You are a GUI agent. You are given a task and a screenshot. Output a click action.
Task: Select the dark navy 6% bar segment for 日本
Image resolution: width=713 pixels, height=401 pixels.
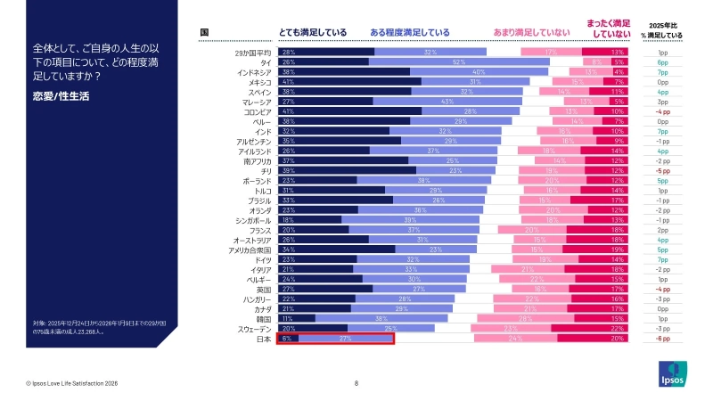coord(287,339)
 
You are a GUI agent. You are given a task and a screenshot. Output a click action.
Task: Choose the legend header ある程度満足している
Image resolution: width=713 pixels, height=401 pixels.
coord(409,32)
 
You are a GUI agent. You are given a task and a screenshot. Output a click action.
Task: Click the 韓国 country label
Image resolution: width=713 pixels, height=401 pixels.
coord(263,318)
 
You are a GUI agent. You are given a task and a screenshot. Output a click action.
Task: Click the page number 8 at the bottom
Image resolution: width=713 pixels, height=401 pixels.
coord(356,382)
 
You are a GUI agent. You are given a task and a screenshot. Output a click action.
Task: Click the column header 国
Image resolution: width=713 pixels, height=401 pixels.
coord(205,32)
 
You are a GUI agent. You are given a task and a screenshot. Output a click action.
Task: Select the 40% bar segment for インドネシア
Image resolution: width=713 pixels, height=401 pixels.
coord(479,72)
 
